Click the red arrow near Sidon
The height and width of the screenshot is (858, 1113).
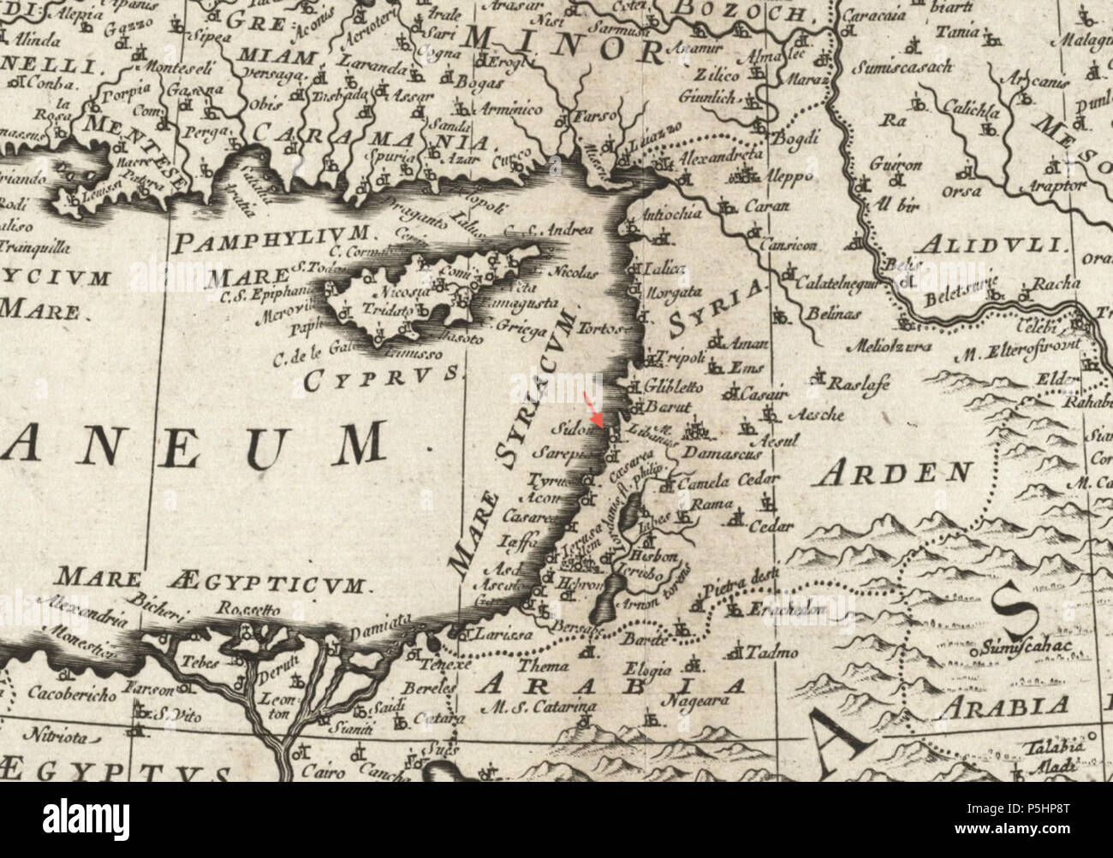[592, 406]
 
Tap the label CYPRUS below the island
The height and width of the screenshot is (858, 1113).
[382, 376]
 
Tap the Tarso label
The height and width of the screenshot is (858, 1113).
[591, 115]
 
